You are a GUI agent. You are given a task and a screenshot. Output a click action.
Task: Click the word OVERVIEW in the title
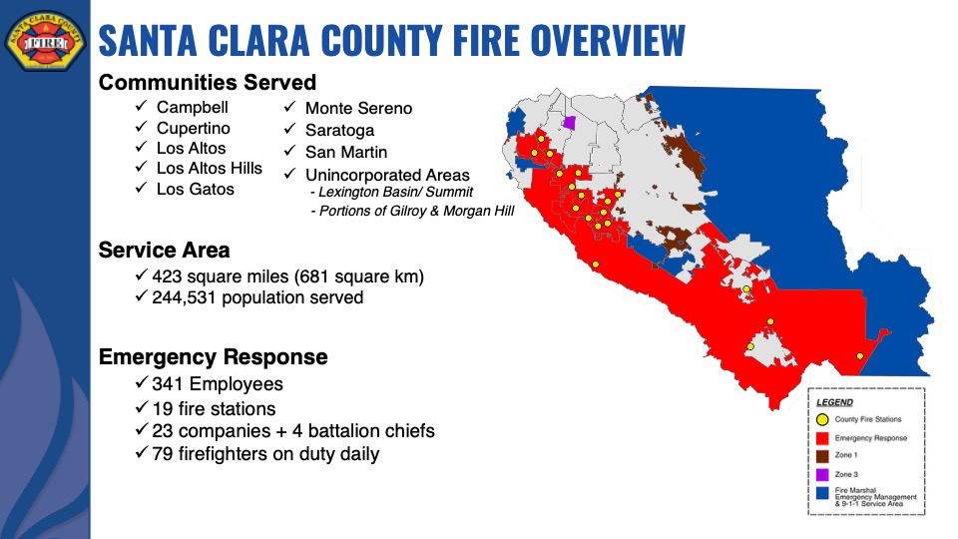point(608,40)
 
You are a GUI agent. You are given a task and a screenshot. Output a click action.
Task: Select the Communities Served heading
point(208,83)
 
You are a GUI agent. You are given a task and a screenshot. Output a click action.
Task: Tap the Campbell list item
point(192,107)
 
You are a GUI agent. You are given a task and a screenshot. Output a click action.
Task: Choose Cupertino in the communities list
point(193,129)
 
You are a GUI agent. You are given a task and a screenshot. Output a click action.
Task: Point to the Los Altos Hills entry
point(209,168)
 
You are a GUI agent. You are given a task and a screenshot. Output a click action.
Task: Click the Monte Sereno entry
point(358,108)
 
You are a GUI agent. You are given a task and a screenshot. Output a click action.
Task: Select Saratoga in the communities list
point(339,130)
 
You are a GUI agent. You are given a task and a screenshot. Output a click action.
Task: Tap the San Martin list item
point(346,152)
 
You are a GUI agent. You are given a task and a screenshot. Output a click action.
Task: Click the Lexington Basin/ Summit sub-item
point(391,192)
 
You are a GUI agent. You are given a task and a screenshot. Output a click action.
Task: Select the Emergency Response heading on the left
point(214,357)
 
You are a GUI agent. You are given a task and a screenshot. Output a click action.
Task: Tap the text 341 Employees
point(218,383)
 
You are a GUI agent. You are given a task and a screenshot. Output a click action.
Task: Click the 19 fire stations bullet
point(214,409)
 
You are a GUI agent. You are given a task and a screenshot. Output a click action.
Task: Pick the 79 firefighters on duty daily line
point(265,454)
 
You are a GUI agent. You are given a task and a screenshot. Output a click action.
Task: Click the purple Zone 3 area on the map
point(570,123)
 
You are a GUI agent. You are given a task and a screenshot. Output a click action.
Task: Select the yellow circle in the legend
point(822,420)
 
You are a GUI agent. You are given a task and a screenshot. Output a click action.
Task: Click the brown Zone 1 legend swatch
point(822,456)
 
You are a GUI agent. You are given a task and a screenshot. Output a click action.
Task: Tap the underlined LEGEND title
point(834,402)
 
